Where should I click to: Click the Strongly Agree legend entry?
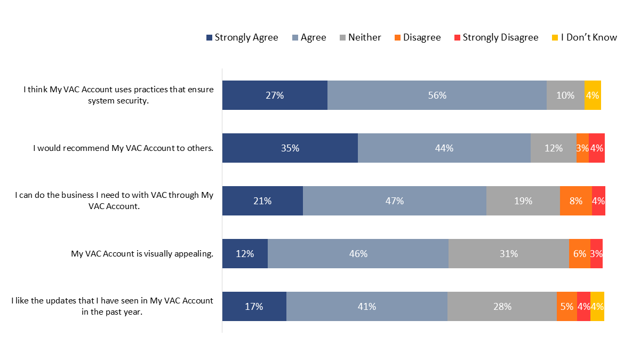[x=242, y=37]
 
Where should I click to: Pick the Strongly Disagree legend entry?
[x=496, y=37]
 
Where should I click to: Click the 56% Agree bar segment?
[x=437, y=95]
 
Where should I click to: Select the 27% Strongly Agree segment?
[x=275, y=95]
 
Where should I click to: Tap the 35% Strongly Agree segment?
[x=290, y=148]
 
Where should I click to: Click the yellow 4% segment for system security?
[x=593, y=95]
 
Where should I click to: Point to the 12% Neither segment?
[x=554, y=148]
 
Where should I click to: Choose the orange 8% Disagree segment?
[x=575, y=201]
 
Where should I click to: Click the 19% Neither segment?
[x=523, y=201]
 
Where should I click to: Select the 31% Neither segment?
[x=509, y=254]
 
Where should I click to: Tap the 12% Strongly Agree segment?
[x=245, y=254]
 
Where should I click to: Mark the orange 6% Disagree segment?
[x=579, y=254]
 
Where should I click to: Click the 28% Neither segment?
[x=502, y=307]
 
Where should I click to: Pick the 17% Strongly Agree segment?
[x=254, y=307]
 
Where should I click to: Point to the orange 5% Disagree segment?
[x=566, y=307]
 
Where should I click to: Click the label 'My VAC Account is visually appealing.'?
[x=142, y=254]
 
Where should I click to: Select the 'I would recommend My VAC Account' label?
[x=123, y=148]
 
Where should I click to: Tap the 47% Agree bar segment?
[x=395, y=201]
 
